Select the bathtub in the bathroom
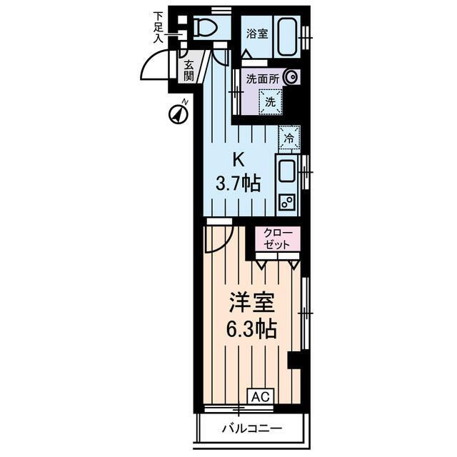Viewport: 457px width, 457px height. point(288,34)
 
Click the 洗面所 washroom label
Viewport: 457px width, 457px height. point(262,79)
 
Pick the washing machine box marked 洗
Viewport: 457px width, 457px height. point(270,101)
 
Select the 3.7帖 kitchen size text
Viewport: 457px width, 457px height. point(238,184)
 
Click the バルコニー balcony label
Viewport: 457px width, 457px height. point(251,429)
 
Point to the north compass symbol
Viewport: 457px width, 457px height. point(177,112)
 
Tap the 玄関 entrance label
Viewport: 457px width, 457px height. point(189,70)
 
